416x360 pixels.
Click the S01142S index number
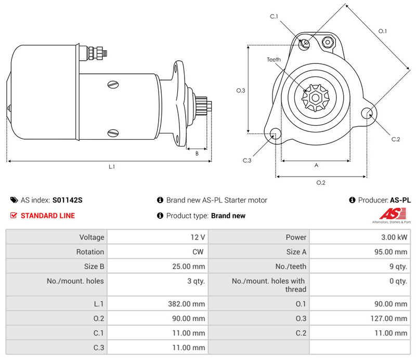[x=68, y=200]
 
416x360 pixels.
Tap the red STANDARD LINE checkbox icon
[x=14, y=216]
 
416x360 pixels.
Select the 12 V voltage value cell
[x=198, y=237]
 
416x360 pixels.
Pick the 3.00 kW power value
[x=394, y=237]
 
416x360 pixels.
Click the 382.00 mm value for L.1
[x=186, y=304]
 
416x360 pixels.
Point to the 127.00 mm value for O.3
[x=388, y=318]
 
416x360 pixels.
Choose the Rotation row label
[x=90, y=252]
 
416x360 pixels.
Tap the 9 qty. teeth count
[x=398, y=266]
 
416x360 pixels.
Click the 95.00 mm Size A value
[x=391, y=252]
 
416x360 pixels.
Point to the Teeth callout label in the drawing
[x=274, y=60]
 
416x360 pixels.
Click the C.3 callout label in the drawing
[x=246, y=161]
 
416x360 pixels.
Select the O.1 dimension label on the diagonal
[x=382, y=31]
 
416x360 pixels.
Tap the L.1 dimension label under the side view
[x=112, y=167]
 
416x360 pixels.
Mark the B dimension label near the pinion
[x=197, y=153]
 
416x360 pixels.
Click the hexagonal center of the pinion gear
[x=316, y=98]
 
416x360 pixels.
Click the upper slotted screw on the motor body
[x=113, y=85]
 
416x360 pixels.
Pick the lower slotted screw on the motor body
[x=113, y=133]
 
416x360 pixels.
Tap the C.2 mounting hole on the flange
[x=368, y=113]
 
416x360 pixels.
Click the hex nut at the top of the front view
[x=328, y=42]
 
